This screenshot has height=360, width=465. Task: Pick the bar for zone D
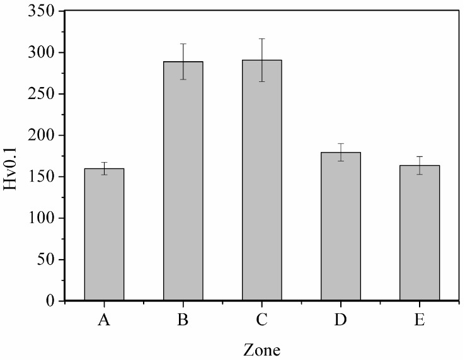pos(340,226)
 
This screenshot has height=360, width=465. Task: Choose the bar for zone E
pos(419,233)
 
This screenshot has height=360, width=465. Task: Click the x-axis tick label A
pos(104,320)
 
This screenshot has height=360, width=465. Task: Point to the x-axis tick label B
pos(183,320)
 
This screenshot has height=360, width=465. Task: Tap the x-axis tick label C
pos(261,320)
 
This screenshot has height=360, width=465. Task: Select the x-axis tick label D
pos(340,320)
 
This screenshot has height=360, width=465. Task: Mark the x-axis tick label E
pos(419,320)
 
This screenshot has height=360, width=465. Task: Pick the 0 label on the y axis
pos(54,301)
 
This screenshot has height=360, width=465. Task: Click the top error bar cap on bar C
pos(261,38)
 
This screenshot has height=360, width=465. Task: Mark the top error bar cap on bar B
pos(183,44)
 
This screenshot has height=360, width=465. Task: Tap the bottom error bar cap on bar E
pos(419,174)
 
